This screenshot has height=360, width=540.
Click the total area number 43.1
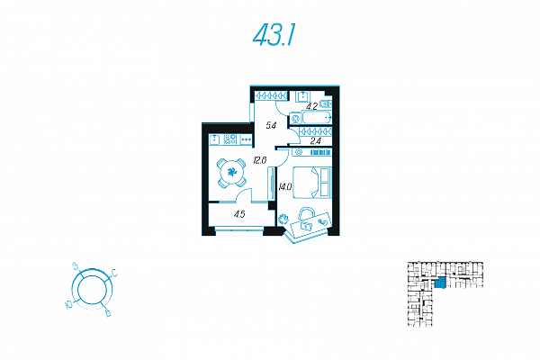click(x=274, y=36)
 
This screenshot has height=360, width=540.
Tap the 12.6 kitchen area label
click(x=260, y=160)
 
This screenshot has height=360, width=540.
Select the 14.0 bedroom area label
click(x=285, y=187)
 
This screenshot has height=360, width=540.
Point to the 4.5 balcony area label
click(x=239, y=214)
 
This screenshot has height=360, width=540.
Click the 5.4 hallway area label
click(x=271, y=126)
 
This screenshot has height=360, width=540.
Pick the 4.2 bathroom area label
click(x=311, y=106)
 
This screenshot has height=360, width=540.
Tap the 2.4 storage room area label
click(x=316, y=140)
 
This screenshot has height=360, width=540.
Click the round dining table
click(x=231, y=172)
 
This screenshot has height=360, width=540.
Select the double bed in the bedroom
click(x=312, y=183)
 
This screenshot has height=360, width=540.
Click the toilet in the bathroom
click(x=326, y=103)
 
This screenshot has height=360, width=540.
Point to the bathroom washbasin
click(x=303, y=95)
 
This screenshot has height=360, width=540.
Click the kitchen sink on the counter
click(x=215, y=139)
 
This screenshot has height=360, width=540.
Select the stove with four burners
click(x=230, y=139)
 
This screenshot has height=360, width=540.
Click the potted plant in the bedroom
click(x=283, y=219)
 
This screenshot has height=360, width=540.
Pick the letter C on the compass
click(x=114, y=273)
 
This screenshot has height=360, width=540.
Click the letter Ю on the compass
click(x=69, y=305)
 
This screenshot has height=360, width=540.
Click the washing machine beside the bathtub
click(x=295, y=119)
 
